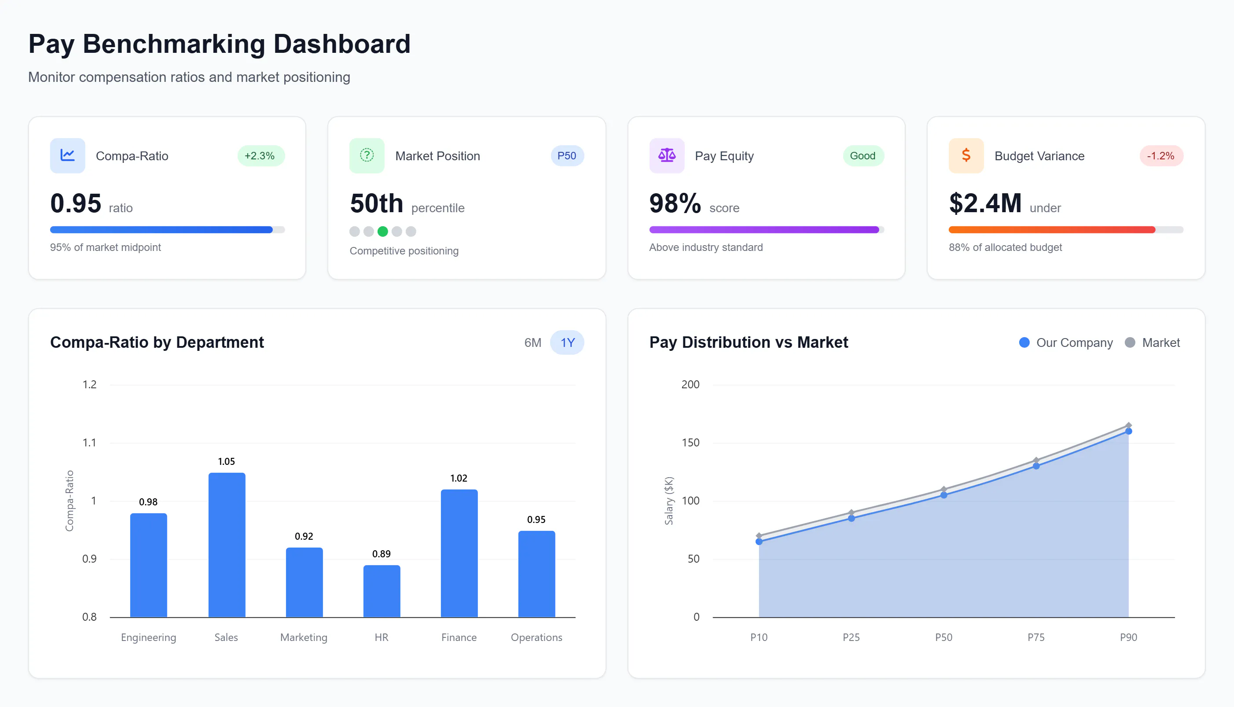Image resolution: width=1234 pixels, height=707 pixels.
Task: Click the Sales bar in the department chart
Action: click(x=227, y=545)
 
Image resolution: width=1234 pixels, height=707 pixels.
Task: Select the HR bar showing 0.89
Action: click(x=382, y=591)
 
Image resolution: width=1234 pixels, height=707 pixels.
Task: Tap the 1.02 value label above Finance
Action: click(x=459, y=478)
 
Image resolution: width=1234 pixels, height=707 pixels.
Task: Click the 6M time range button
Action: click(x=533, y=343)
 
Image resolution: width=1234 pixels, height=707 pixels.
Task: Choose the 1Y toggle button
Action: click(x=567, y=343)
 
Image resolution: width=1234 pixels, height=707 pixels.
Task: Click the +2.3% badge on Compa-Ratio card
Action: click(x=260, y=156)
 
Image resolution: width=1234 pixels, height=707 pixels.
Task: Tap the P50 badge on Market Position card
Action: click(x=566, y=156)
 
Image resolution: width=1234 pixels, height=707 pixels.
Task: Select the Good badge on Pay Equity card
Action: click(x=862, y=156)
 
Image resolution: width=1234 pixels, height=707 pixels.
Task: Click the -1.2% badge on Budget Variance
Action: click(x=1160, y=156)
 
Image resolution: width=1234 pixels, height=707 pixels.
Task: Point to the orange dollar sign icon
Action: click(x=966, y=155)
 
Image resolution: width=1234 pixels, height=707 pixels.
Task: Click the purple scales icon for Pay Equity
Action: click(x=667, y=155)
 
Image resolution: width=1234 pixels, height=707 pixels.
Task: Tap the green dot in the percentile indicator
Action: click(x=382, y=232)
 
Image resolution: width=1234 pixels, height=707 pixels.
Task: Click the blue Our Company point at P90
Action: click(x=1128, y=431)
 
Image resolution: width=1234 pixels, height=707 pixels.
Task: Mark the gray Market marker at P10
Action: click(x=759, y=536)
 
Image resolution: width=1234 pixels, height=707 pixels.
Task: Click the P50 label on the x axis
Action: click(x=943, y=637)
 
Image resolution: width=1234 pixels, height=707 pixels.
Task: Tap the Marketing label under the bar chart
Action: click(x=304, y=637)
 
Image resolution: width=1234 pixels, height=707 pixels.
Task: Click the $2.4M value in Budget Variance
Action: click(x=985, y=203)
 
